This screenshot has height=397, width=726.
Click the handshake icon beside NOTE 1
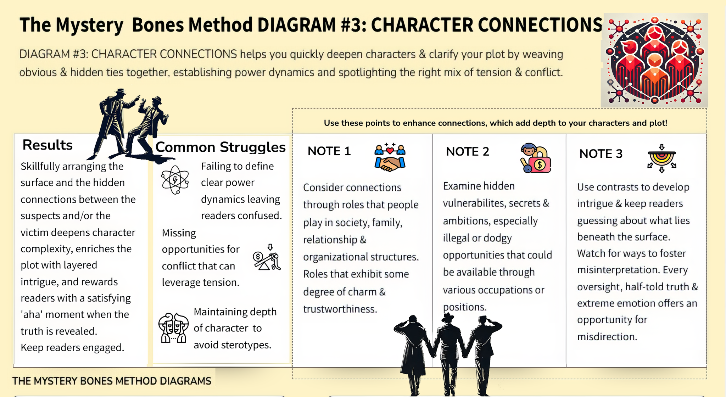390,158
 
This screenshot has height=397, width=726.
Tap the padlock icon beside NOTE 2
536,158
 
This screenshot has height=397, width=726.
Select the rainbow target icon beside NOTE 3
662,158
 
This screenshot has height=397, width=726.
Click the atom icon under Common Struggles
175,180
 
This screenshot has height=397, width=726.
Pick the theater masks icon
173,328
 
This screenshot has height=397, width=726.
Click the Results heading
48,145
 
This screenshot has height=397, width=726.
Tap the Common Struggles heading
220,147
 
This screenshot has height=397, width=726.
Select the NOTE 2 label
468,152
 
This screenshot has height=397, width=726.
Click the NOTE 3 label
601,154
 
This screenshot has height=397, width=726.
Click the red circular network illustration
654,60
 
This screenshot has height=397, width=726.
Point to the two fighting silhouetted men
129,124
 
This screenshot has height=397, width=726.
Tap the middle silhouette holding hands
449,354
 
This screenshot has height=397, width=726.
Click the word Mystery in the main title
89,26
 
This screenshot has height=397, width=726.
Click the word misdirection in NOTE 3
607,336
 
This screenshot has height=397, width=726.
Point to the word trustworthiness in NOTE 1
340,309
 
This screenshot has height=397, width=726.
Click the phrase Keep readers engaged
72,348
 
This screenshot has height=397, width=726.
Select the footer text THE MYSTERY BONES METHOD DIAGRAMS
112,381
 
